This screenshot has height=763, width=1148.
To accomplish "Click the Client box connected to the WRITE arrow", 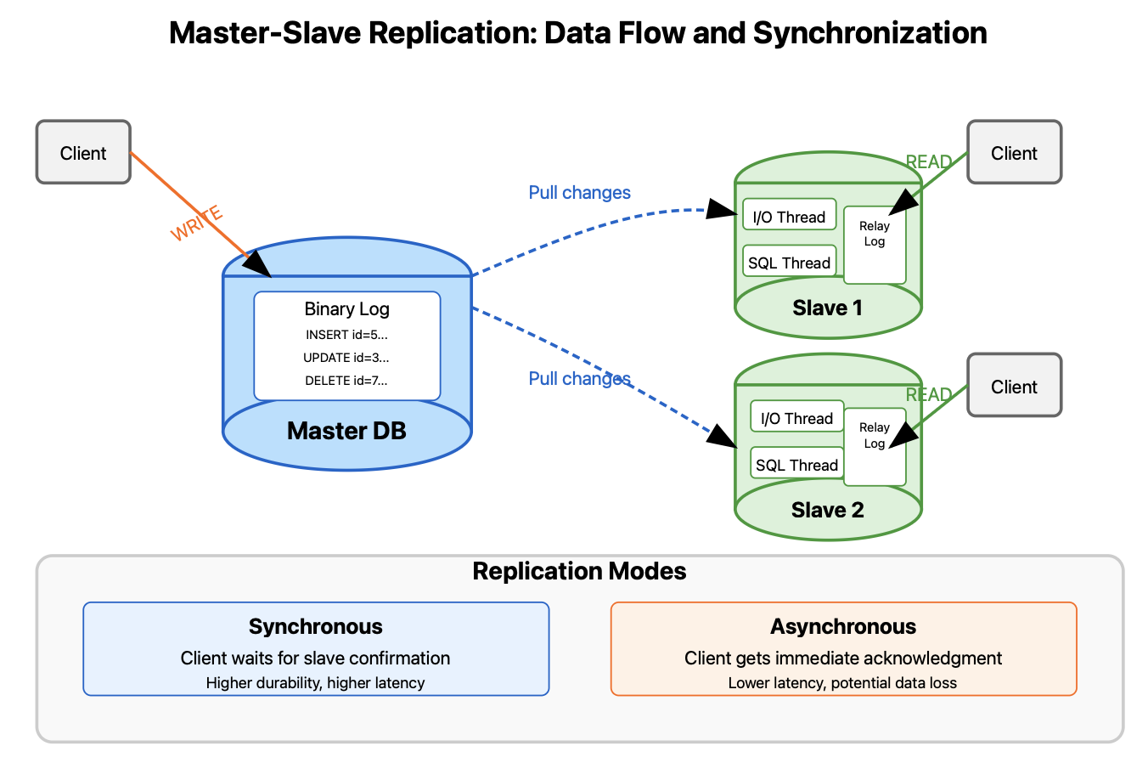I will (83, 152).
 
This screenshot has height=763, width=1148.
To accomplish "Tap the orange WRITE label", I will (196, 223).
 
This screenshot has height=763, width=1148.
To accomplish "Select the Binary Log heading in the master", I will (346, 309).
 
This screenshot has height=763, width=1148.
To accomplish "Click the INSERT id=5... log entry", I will (346, 335).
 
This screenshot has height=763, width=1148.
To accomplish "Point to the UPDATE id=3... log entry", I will (346, 358).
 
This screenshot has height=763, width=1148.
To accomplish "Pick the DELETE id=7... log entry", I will (346, 381).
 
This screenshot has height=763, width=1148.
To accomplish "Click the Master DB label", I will (346, 431).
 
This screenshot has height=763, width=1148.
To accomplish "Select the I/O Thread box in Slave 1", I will (789, 217).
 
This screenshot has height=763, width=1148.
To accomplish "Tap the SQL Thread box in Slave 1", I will (789, 263).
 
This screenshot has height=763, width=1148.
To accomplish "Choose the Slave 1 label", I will (827, 308).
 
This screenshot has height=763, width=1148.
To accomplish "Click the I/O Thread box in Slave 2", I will (796, 418).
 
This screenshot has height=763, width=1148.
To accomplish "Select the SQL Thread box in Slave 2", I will (796, 465).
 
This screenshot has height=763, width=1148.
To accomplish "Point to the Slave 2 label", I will (827, 510).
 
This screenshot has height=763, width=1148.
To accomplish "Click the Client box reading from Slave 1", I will (1014, 152).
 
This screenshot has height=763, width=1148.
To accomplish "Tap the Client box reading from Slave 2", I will (1014, 386).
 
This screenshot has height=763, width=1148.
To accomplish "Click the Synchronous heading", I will (316, 627).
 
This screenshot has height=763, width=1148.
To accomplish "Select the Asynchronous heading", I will (843, 627).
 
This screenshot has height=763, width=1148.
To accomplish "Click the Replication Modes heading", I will (579, 571).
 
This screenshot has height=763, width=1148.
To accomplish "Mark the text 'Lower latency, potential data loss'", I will (842, 683).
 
